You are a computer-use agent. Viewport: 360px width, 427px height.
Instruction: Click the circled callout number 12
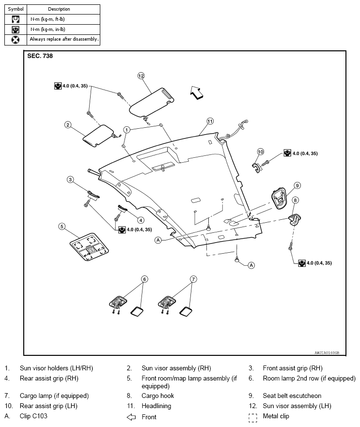click(141, 76)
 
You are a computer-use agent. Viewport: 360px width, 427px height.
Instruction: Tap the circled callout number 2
click(68, 125)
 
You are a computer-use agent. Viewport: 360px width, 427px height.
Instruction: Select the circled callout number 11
click(210, 121)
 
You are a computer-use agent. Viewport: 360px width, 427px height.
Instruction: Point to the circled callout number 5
click(62, 227)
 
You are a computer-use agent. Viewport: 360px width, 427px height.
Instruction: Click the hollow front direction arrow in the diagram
click(197, 93)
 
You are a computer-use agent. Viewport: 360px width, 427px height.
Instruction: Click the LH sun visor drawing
click(151, 102)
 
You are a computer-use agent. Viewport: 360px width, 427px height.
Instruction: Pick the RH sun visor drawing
click(98, 136)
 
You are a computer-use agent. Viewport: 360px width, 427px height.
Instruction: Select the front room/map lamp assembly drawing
click(89, 247)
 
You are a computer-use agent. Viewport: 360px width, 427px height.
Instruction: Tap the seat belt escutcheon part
click(279, 198)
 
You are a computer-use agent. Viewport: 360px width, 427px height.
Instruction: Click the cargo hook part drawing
click(294, 219)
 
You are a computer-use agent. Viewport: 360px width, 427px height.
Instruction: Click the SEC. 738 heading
click(40, 56)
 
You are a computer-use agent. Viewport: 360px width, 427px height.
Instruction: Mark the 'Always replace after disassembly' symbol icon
click(16, 40)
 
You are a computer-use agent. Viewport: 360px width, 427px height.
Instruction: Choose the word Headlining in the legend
click(157, 406)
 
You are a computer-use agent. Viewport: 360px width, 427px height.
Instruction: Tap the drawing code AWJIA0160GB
click(327, 352)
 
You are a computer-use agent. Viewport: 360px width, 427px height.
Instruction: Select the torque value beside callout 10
click(305, 153)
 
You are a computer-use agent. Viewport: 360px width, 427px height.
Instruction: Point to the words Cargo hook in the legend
click(158, 396)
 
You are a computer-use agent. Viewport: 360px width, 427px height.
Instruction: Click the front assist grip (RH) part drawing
click(94, 195)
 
